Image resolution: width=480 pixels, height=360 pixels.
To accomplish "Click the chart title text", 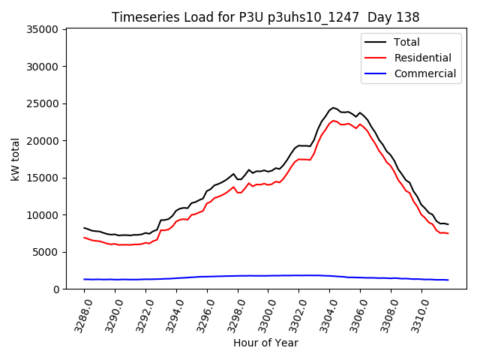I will click(265, 17).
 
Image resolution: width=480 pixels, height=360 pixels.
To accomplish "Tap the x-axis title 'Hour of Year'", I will click(265, 343).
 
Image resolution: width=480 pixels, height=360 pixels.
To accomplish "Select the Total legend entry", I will click(406, 42).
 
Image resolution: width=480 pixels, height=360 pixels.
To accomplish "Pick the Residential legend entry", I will click(422, 58).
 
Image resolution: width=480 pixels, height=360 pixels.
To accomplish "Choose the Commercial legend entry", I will click(424, 73).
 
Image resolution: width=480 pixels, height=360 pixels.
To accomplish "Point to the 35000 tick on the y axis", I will click(43, 29).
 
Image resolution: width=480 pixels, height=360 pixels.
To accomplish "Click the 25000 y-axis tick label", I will click(43, 103).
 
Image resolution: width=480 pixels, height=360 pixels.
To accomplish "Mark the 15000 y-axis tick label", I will click(43, 178).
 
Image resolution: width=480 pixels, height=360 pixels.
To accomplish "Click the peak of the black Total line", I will click(334, 107).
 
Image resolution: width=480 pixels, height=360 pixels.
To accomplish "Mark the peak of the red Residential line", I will click(334, 120).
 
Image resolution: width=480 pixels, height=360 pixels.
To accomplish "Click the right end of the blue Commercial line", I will click(448, 280).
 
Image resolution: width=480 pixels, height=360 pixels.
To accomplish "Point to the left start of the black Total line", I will click(84, 227).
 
